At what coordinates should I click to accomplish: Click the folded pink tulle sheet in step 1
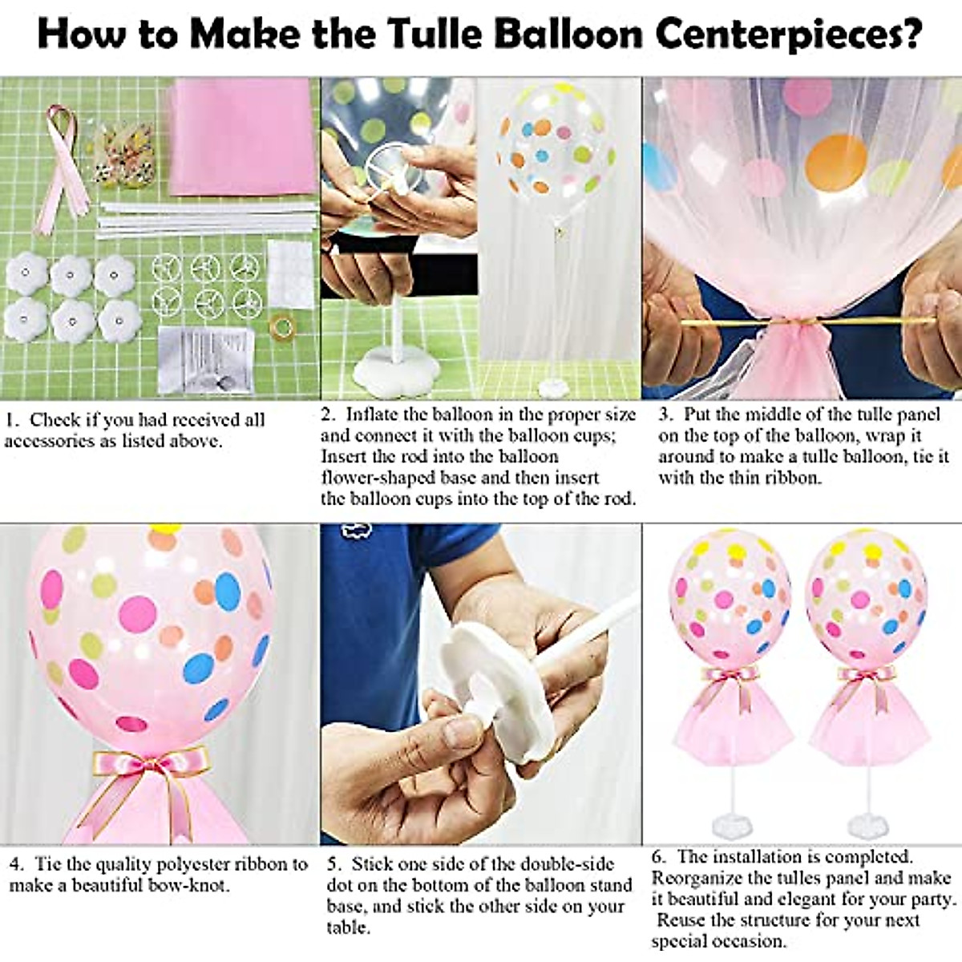coord(243,136)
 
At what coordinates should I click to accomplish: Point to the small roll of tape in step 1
coord(281,326)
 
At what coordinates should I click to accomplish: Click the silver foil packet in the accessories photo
coord(207,360)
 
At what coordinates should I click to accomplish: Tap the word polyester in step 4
coord(191,864)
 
